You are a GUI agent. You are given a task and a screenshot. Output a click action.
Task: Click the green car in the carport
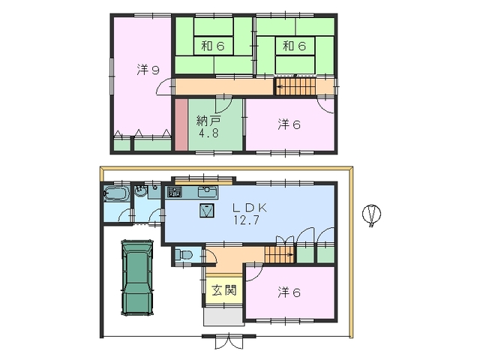137,277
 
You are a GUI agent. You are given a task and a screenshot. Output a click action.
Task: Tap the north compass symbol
372,214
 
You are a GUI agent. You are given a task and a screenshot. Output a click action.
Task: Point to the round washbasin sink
141,192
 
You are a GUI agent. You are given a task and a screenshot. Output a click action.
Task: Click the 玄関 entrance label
224,290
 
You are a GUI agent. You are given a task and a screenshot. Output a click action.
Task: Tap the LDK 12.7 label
249,214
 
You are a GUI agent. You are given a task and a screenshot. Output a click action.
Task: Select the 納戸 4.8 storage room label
208,127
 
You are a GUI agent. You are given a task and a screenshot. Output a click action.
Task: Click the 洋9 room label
148,70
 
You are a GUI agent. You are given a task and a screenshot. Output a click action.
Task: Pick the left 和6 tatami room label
213,46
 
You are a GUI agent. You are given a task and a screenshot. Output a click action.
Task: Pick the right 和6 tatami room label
295,46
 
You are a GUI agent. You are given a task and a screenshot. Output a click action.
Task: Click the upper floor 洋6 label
289,124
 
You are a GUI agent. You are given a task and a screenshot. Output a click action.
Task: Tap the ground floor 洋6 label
289,292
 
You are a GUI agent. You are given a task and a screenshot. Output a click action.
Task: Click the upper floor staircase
295,86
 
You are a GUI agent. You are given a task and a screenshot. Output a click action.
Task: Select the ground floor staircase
280,254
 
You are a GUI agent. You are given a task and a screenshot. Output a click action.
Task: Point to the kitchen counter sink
208,192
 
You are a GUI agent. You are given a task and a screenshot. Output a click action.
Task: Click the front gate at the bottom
229,340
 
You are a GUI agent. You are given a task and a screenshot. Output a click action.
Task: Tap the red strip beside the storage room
181,124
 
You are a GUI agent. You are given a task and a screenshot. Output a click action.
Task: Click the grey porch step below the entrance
223,317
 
